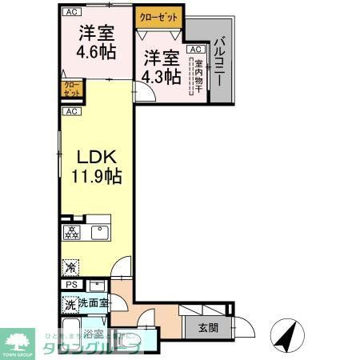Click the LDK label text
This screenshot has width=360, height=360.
pos(93,157)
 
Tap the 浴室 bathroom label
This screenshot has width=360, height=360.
pos(93,334)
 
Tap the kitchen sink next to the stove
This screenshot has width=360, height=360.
pos(99,233)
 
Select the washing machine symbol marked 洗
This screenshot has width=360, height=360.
pos(70,305)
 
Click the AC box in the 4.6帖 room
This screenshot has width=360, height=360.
pos(71,13)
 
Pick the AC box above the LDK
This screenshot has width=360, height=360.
pos(70,111)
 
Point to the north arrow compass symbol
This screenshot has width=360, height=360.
pos(285,332)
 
